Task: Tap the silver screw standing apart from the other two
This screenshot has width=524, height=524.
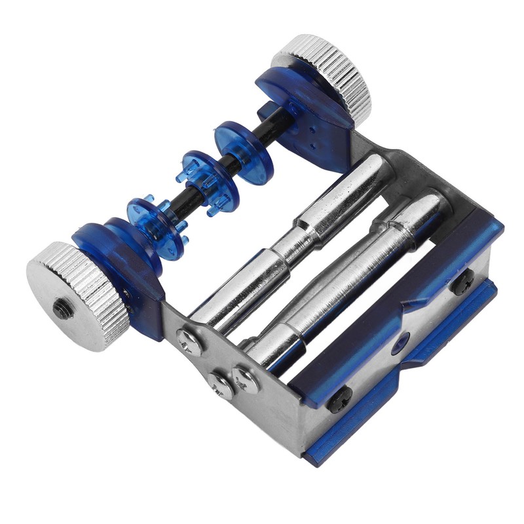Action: pyautogui.click(x=189, y=341)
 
